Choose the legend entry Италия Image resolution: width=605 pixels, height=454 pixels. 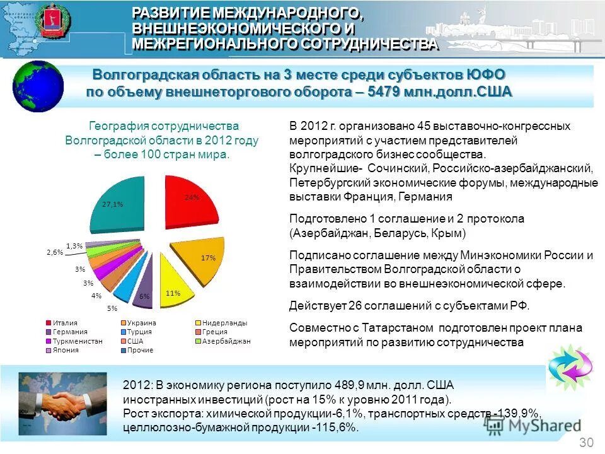click(x=65, y=323)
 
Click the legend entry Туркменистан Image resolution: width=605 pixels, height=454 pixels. click(x=74, y=341)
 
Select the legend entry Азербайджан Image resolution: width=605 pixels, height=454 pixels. click(x=226, y=341)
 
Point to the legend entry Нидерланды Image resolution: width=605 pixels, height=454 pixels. click(x=225, y=323)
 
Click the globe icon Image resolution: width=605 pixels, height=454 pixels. click(x=39, y=86)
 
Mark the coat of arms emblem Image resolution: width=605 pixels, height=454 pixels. click(x=52, y=23)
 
